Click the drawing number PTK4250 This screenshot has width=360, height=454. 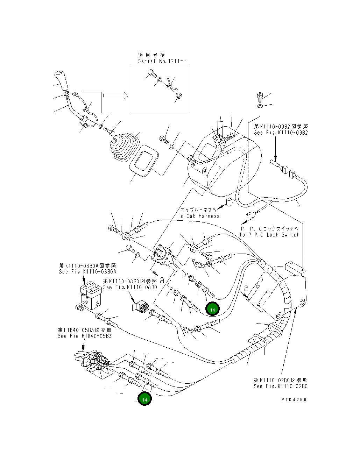294,399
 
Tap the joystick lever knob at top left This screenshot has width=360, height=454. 62,80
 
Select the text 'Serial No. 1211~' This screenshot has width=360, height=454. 162,62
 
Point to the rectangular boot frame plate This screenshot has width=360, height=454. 144,161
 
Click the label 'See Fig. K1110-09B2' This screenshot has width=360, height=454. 281,133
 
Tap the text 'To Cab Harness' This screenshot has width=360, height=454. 199,216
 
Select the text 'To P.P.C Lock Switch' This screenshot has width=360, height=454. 269,235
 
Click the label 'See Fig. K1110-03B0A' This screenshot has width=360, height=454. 87,272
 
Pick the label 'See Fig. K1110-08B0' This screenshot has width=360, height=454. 130,287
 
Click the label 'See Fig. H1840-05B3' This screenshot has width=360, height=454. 85,336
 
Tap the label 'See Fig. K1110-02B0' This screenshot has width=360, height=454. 281,386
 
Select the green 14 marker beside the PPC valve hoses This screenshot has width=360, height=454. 212,309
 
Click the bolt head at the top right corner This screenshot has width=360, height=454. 260,97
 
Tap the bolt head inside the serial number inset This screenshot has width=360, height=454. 151,73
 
